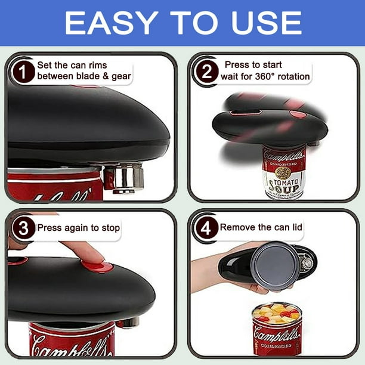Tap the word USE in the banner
[266, 23]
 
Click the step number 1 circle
[23, 72]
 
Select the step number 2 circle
[207, 72]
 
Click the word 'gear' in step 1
[121, 77]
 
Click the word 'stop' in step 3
[111, 228]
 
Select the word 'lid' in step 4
[297, 227]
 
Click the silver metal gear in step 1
[123, 178]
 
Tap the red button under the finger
[97, 267]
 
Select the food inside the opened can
[276, 313]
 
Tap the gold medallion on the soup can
[282, 172]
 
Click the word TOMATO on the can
[286, 182]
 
